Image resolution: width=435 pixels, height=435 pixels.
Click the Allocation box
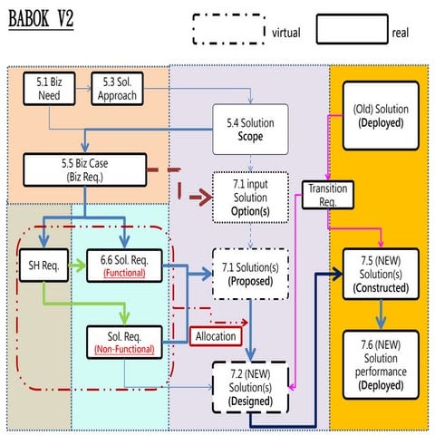click(216, 336)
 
